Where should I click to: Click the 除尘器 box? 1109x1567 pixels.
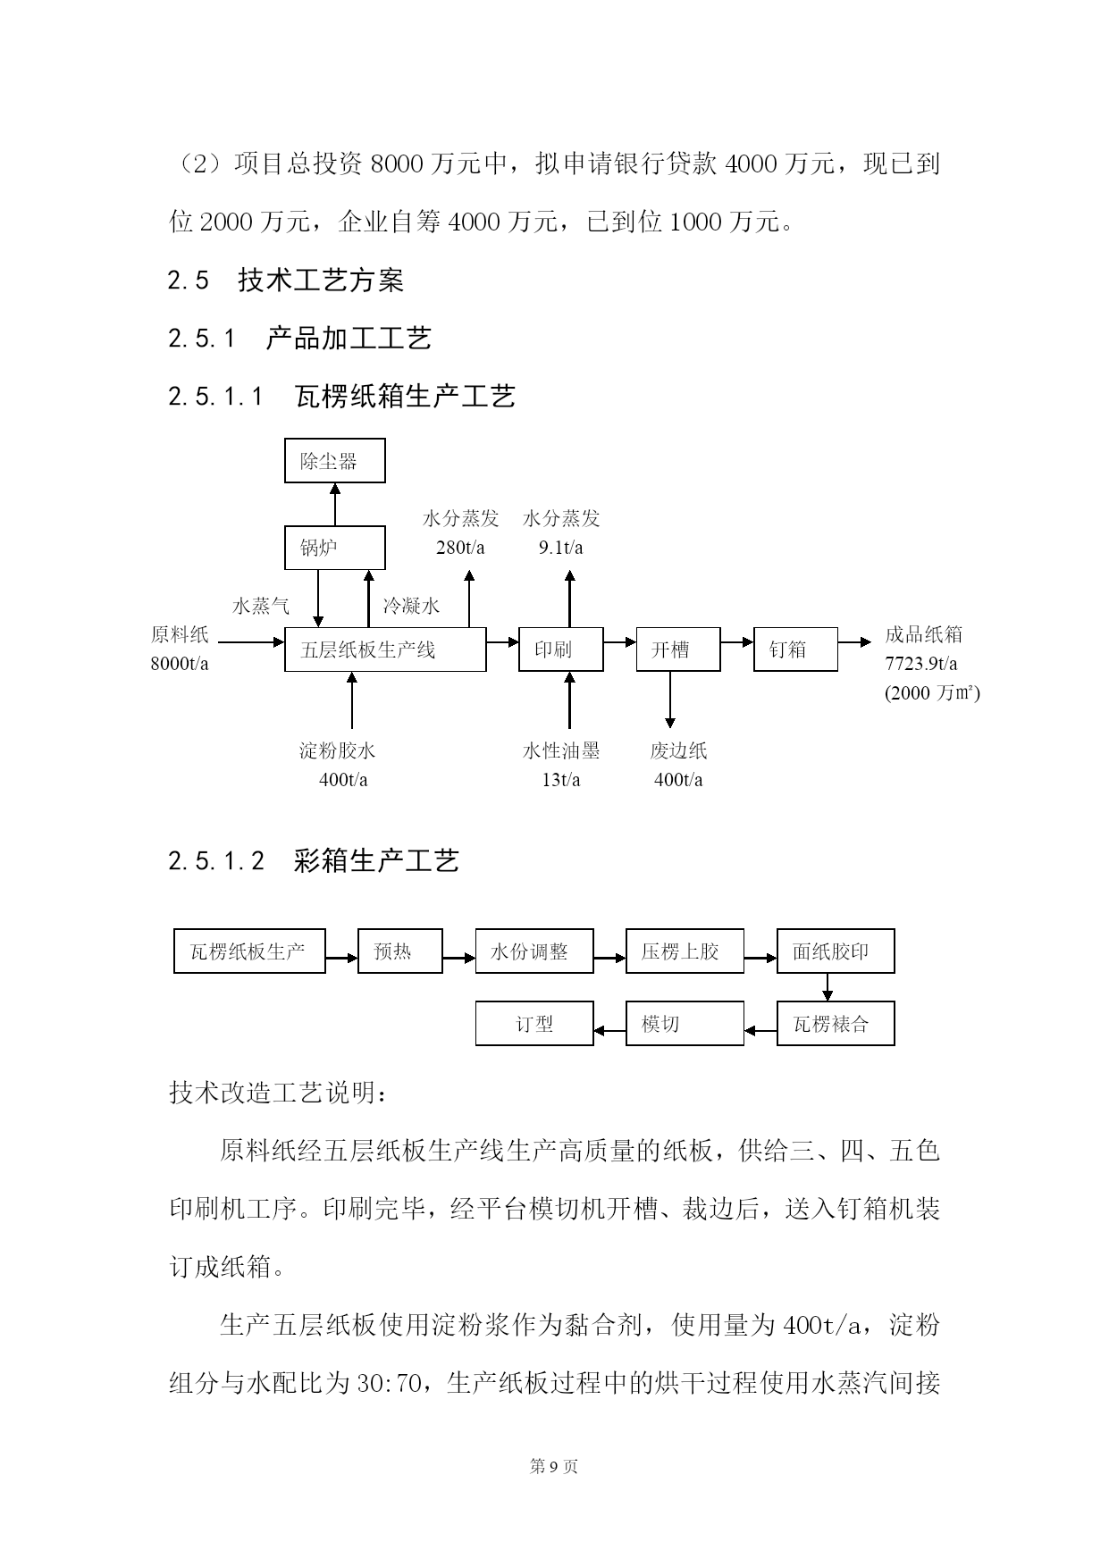click(x=335, y=461)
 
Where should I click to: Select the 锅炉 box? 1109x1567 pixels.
click(x=335, y=548)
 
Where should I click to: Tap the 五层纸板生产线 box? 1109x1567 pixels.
click(x=385, y=649)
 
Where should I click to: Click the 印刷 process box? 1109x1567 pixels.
click(x=561, y=649)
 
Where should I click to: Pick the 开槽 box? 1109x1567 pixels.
click(x=678, y=649)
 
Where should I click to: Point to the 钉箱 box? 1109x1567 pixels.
click(x=796, y=649)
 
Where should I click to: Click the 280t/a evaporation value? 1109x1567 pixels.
click(x=460, y=548)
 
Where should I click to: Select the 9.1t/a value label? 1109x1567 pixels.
click(x=561, y=548)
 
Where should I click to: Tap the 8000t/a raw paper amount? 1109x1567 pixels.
click(x=180, y=664)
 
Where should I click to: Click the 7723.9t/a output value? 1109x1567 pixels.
click(x=921, y=664)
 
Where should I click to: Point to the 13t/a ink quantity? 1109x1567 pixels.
click(x=561, y=780)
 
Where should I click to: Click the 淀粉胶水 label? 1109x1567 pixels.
click(x=338, y=751)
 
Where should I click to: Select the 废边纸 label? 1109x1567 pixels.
click(x=679, y=751)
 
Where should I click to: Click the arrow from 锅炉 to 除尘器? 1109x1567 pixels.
click(x=335, y=505)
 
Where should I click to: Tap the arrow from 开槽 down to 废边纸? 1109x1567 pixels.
click(x=669, y=700)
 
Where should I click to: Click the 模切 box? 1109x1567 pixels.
click(x=685, y=1023)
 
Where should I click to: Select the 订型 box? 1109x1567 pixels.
click(x=534, y=1023)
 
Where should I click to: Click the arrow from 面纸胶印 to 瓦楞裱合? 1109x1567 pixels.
click(x=828, y=987)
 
